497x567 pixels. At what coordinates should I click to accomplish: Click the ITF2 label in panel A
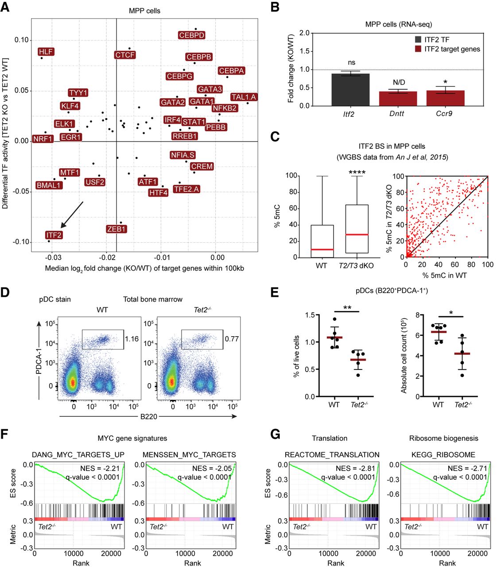(x=54, y=235)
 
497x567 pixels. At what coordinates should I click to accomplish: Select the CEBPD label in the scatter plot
(x=192, y=35)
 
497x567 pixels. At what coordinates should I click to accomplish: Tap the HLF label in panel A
(x=46, y=52)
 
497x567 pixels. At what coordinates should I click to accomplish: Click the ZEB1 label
(x=116, y=229)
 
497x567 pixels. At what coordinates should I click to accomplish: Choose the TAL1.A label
(x=244, y=97)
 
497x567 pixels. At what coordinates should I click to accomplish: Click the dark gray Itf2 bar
(x=350, y=89)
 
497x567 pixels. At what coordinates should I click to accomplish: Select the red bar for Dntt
(x=398, y=98)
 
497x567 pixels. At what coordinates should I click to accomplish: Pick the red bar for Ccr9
(x=445, y=98)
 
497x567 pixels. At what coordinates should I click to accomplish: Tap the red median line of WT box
(x=322, y=249)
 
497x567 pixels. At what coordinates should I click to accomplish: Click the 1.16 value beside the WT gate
(x=132, y=339)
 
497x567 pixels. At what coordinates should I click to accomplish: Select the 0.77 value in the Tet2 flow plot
(x=232, y=339)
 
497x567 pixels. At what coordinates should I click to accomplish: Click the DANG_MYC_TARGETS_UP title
(x=78, y=454)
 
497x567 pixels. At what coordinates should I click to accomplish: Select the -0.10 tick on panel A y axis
(x=20, y=242)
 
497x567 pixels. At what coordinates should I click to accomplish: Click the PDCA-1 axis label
(x=39, y=357)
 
